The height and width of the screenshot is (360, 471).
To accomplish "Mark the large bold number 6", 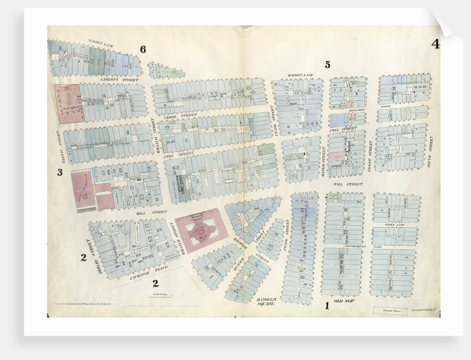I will [143, 50].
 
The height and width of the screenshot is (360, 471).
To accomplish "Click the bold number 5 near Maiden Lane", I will [327, 65].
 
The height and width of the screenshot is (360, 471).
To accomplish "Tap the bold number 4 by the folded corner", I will [436, 44].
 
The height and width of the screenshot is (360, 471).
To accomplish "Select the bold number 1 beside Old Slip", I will [327, 305].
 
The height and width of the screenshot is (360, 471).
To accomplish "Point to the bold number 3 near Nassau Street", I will [59, 172].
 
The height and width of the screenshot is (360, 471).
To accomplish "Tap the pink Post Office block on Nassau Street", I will [69, 102].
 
